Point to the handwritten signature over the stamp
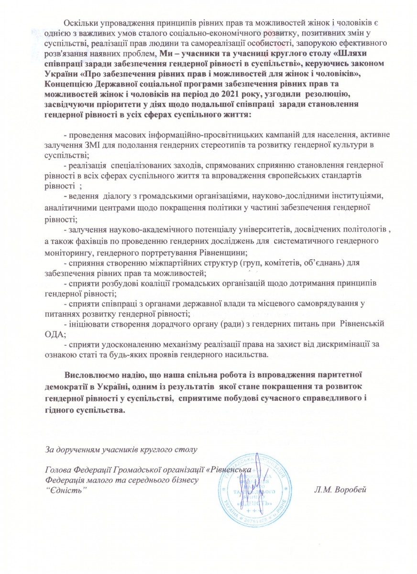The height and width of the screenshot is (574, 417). point(256,483)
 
